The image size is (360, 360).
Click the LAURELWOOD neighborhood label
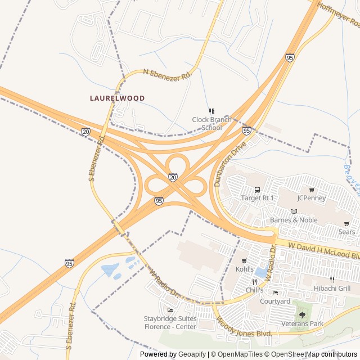[117, 98]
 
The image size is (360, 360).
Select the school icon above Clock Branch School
[211, 111]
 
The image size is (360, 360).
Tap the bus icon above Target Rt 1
[257, 190]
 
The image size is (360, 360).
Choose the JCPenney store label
[312, 198]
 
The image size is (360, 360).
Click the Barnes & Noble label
[294, 220]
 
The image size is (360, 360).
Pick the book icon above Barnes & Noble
[293, 211]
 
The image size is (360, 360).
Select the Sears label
[346, 232]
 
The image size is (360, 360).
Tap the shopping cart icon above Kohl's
[244, 261]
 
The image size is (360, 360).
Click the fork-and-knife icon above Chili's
[254, 282]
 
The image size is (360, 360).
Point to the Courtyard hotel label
[274, 301]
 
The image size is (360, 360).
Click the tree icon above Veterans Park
[302, 315]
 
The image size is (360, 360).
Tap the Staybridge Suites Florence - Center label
[170, 322]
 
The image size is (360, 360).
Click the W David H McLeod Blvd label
[323, 251]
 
